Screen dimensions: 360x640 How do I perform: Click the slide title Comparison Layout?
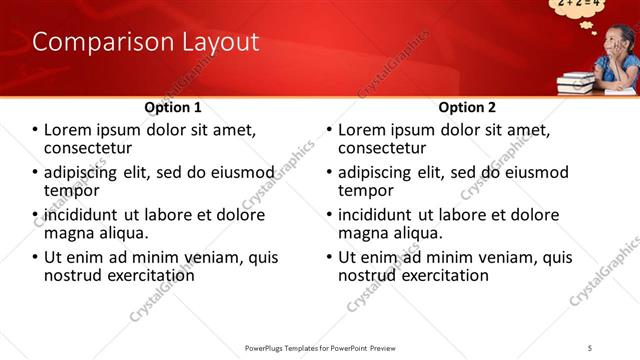(146, 42)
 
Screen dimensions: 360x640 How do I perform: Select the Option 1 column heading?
(173, 107)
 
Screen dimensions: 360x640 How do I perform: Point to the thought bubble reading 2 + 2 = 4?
(578, 6)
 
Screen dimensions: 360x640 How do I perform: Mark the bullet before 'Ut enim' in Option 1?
(36, 258)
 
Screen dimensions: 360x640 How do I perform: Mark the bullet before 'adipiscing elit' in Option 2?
(330, 173)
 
